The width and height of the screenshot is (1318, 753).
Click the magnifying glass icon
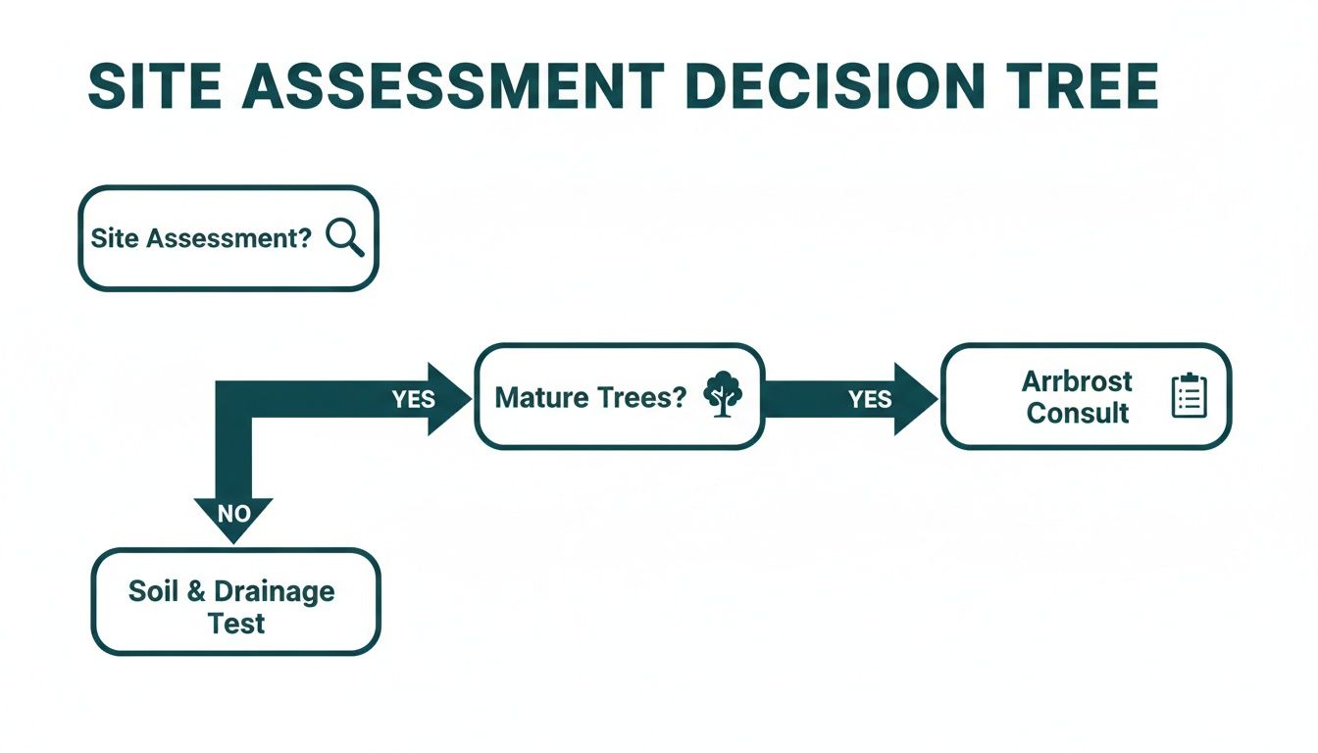(x=344, y=238)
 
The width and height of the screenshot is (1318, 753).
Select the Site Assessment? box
(x=228, y=238)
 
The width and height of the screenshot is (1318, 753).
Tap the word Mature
(x=542, y=397)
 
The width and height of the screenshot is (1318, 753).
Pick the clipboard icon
(x=1189, y=396)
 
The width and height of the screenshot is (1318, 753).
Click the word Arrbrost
(x=1077, y=380)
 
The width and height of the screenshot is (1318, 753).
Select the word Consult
(x=1077, y=413)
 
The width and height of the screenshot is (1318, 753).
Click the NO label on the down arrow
(x=232, y=513)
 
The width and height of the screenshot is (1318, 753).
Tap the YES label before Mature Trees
(x=414, y=398)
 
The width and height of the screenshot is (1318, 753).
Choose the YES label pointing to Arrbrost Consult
(x=870, y=398)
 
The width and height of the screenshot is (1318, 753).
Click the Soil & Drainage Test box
(x=235, y=601)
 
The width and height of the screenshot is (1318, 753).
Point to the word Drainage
(x=274, y=591)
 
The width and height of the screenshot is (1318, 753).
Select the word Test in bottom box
(x=236, y=624)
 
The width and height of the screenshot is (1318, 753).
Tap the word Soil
(x=154, y=591)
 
